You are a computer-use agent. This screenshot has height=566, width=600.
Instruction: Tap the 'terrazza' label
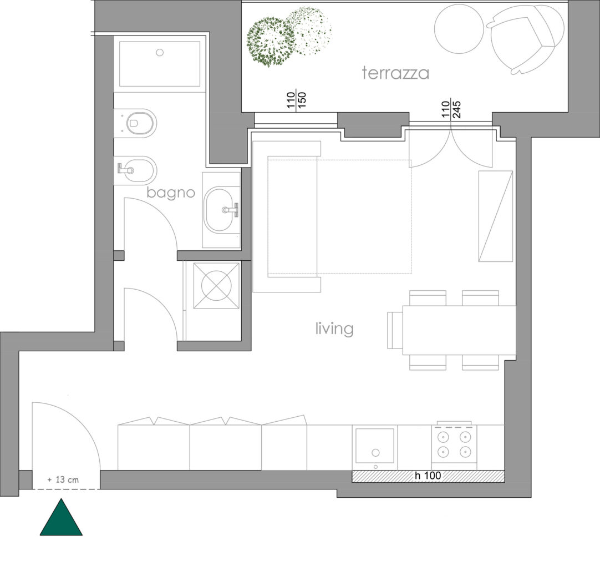click(396, 73)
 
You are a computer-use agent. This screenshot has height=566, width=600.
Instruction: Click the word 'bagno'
click(171, 193)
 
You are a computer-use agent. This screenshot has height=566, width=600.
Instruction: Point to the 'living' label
click(334, 329)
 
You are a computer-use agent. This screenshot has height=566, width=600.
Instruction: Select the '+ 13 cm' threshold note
click(64, 480)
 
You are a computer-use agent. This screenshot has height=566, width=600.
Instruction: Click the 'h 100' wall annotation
click(428, 476)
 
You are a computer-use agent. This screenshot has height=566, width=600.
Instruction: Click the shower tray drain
click(160, 53)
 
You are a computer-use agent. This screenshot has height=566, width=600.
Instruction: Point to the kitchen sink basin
click(375, 446)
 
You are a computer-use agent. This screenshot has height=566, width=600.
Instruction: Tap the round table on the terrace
click(459, 28)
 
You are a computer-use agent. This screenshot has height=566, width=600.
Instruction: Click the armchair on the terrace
click(525, 38)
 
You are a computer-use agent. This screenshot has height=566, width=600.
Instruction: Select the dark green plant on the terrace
click(270, 42)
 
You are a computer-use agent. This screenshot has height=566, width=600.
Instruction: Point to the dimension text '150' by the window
click(302, 100)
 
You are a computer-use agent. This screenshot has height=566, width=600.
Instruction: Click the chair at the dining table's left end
click(395, 330)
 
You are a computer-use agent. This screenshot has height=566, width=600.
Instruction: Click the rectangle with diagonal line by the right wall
click(496, 216)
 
